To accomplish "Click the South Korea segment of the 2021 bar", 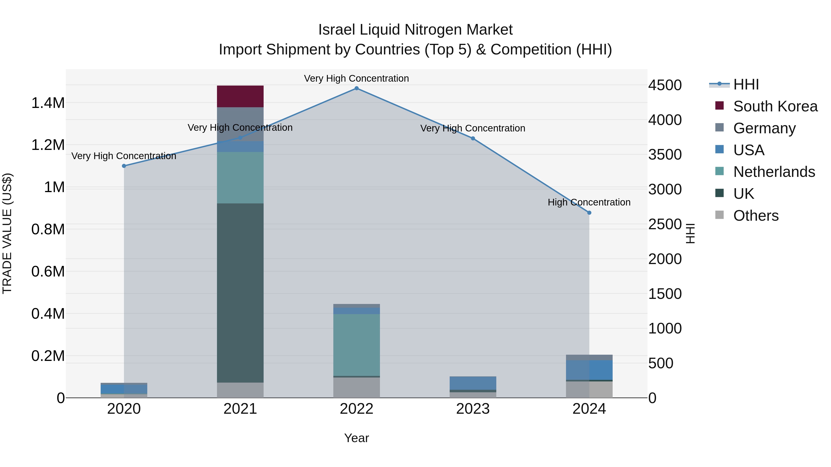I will [x=240, y=96].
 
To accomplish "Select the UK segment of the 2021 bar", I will [x=240, y=293].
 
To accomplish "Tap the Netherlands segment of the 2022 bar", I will [x=356, y=345].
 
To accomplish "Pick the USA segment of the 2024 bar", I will [x=589, y=370].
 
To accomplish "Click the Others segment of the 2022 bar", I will [x=356, y=387].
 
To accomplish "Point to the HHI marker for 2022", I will [x=356, y=88].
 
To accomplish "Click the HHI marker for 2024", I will [x=589, y=213].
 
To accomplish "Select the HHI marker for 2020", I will [x=124, y=166].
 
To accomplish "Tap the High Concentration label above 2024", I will [x=589, y=202].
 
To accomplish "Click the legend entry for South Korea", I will [x=775, y=106].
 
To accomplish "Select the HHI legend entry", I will [x=746, y=84].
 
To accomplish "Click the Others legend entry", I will [x=756, y=216].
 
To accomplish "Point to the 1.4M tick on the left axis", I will [x=48, y=103].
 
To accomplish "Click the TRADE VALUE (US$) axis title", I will [x=7, y=233].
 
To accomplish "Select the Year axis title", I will [x=356, y=438].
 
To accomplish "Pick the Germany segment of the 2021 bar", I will [x=240, y=124].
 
